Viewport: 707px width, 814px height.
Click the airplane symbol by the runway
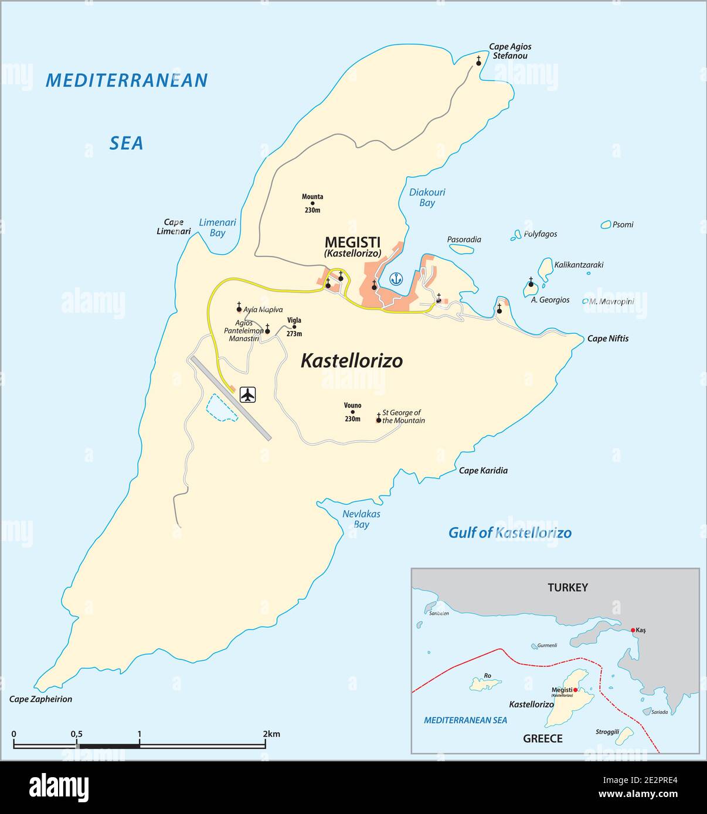coord(249,395)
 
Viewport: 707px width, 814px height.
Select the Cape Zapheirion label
coord(40,699)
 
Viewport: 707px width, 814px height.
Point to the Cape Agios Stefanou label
coord(510,52)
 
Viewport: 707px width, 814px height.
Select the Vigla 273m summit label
coord(294,327)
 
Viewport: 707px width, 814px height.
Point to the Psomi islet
coord(606,224)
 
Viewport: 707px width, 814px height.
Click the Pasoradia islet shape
coord(462,248)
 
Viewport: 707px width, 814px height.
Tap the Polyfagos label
coord(540,234)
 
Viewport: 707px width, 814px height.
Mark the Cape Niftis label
coord(608,338)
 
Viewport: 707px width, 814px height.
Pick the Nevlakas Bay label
coord(361,519)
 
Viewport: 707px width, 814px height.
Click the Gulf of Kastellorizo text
coord(509,532)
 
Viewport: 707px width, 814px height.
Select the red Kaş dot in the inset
coord(633,630)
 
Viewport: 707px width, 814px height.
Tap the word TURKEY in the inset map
coord(567,587)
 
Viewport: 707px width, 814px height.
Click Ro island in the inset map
coord(486,683)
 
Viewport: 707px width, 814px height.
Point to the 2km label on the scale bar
coord(271,734)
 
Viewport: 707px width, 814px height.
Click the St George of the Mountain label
coord(403,416)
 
